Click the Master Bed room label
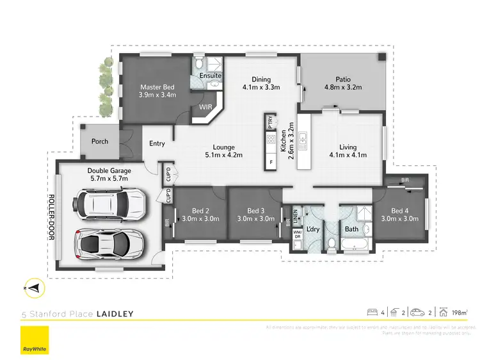157,90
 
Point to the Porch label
100,141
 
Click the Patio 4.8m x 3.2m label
342,83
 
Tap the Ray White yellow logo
35,341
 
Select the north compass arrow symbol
35,289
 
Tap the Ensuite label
211,76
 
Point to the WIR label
206,107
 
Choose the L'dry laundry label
313,229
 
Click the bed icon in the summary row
372,313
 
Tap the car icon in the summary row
417,313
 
